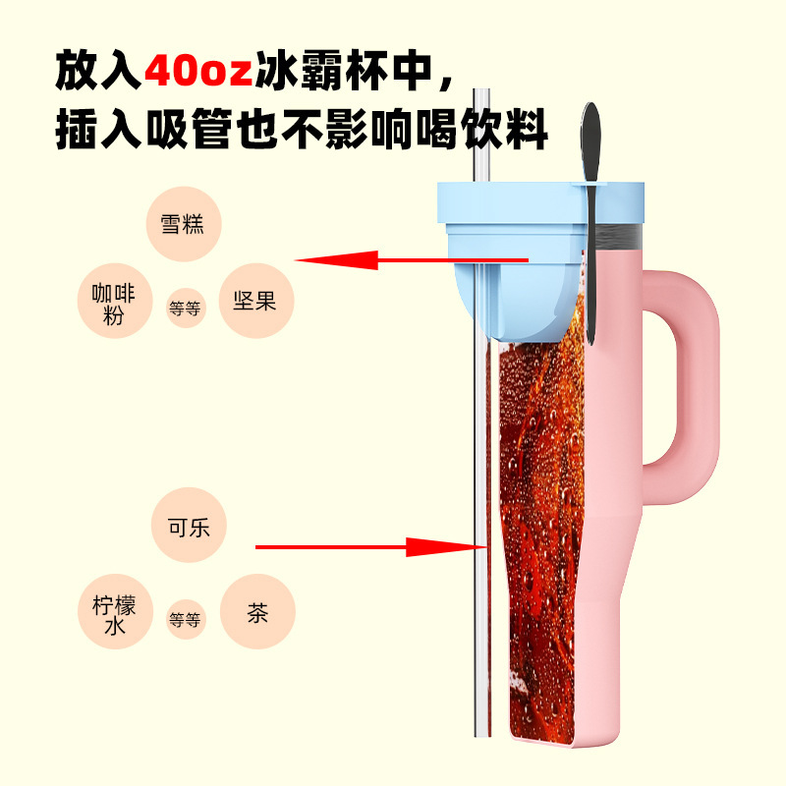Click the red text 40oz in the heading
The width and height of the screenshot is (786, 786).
point(197,72)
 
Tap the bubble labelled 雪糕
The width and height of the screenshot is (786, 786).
point(183,223)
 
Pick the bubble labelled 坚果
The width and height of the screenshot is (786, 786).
point(254,301)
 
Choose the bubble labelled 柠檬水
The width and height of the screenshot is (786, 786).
point(115,612)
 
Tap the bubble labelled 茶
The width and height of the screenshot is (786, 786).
point(257,612)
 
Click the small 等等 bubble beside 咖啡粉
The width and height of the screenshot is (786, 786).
point(186,309)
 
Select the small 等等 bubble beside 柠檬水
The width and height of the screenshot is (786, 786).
point(185,619)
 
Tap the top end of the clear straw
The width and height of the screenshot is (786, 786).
point(482,98)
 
